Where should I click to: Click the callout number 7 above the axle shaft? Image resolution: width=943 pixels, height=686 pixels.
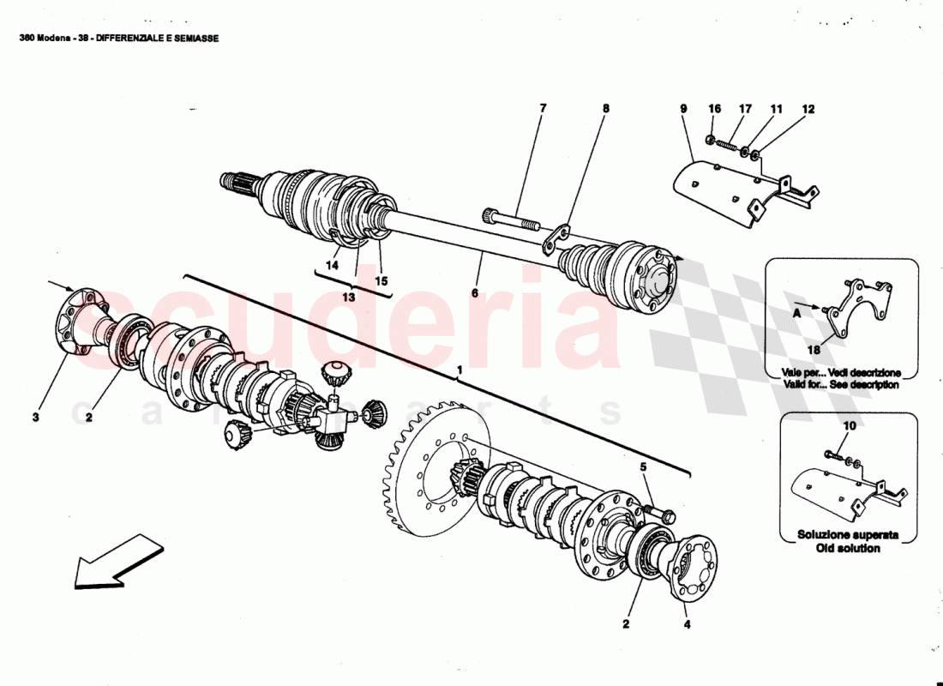(543, 109)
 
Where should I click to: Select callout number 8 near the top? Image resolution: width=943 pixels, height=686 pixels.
(606, 109)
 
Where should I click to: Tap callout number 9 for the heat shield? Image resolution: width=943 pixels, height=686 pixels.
(683, 109)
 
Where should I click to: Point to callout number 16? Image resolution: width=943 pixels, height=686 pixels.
(715, 109)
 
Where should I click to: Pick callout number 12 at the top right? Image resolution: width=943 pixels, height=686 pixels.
(808, 109)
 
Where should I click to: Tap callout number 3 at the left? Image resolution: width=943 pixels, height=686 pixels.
(36, 418)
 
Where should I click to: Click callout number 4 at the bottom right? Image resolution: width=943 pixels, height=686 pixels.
(687, 624)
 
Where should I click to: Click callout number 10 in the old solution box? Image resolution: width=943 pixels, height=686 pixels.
(850, 425)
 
